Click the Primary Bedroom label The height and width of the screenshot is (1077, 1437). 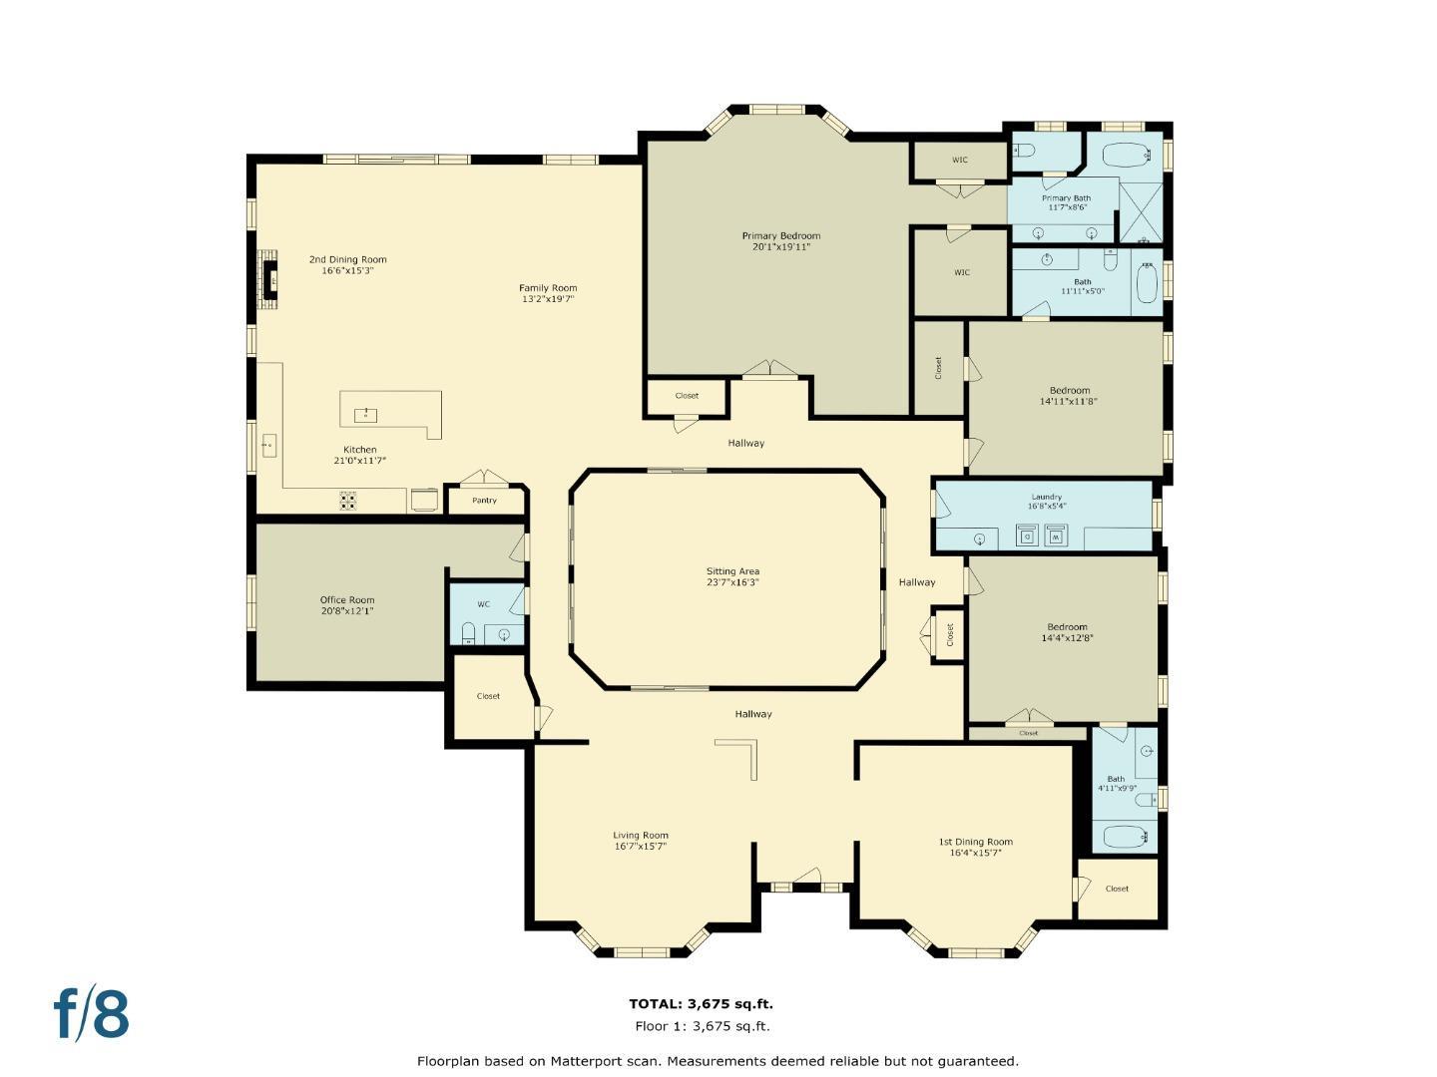(x=780, y=236)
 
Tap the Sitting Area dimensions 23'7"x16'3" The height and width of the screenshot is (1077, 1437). (x=732, y=582)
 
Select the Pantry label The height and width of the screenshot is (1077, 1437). (x=484, y=501)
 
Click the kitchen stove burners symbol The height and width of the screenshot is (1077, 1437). (x=347, y=501)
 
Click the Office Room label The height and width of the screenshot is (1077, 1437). (x=347, y=600)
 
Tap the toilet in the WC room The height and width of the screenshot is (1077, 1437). (x=468, y=632)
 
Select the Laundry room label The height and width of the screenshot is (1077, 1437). (x=1046, y=497)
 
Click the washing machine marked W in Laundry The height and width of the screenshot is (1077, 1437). (x=1056, y=537)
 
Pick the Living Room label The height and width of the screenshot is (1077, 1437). (x=641, y=836)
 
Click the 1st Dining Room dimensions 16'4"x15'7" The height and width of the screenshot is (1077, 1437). (x=975, y=853)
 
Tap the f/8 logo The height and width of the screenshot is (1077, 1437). (x=92, y=1014)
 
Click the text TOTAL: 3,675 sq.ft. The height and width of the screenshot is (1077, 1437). (x=701, y=1004)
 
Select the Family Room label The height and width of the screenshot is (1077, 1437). (x=548, y=288)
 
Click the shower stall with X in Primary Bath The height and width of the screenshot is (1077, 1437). (x=1141, y=210)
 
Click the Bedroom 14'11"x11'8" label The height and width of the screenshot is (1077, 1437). (x=1069, y=390)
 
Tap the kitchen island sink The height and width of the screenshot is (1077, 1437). (x=366, y=413)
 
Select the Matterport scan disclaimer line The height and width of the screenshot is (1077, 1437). (x=718, y=1061)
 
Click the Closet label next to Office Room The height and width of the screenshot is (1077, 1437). (x=488, y=696)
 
